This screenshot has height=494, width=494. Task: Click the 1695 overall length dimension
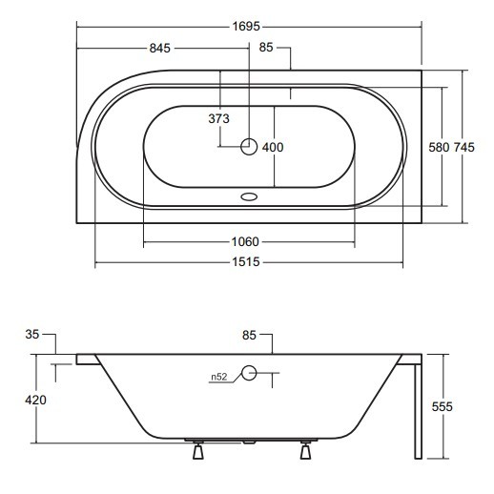pyautogui.click(x=246, y=27)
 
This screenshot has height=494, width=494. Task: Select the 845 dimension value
pyautogui.click(x=160, y=49)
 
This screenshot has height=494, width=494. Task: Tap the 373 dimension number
pyautogui.click(x=218, y=118)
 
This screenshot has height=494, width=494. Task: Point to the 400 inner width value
pyautogui.click(x=273, y=147)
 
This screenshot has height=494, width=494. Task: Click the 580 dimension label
pyautogui.click(x=439, y=147)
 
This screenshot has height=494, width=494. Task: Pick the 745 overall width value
pyautogui.click(x=463, y=147)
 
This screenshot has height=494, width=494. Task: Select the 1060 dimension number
pyautogui.click(x=245, y=242)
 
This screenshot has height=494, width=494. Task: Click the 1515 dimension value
pyautogui.click(x=246, y=262)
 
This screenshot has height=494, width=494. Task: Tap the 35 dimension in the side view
pyautogui.click(x=32, y=335)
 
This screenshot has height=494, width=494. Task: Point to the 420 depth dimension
pyautogui.click(x=35, y=400)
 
